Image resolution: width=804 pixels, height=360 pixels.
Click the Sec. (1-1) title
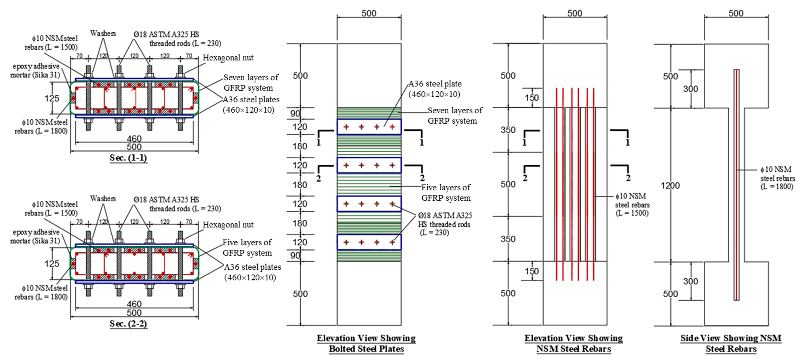128,158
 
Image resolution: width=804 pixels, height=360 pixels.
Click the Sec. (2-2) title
128,324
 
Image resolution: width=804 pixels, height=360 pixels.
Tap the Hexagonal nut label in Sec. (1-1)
228,58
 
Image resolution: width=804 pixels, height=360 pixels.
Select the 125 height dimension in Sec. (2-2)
52,264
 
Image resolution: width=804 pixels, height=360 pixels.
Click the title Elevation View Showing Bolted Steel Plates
366,343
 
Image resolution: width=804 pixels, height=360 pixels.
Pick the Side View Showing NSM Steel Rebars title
731,343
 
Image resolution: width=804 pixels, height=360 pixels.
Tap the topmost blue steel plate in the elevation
369,127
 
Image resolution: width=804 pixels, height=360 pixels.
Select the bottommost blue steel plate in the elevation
369,242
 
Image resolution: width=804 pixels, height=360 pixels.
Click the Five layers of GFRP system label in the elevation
446,193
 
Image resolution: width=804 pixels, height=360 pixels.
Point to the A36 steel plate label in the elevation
435,89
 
